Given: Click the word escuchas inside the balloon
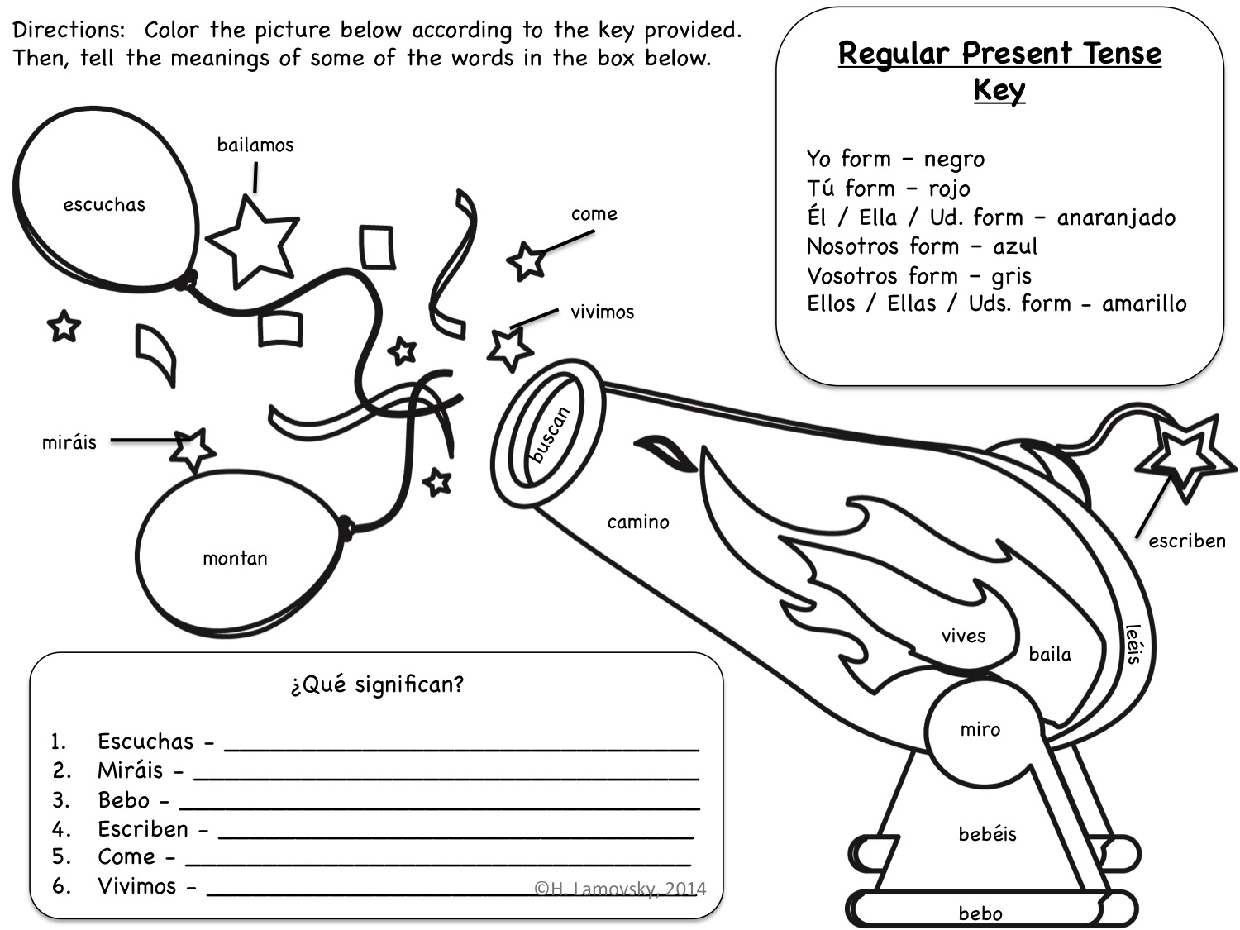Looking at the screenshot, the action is click(104, 204).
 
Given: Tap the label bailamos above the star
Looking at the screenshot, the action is click(255, 145).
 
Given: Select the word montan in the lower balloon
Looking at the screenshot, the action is click(235, 559).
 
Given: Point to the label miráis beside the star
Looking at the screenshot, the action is click(69, 441).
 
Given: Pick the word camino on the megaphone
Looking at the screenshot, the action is click(638, 522).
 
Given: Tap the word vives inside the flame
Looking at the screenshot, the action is click(963, 637).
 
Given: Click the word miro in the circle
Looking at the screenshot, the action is click(980, 730).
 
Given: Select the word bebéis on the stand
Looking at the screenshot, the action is click(988, 833).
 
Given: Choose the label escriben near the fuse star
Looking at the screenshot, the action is click(1187, 541).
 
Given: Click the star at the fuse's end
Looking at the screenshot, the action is click(1185, 457).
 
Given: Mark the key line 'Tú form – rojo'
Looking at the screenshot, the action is click(888, 188).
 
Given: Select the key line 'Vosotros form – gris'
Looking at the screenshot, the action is click(919, 276).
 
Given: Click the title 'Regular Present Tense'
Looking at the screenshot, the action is click(999, 55).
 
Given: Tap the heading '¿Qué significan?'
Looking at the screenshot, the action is click(377, 685).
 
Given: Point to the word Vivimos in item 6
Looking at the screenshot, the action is click(136, 886).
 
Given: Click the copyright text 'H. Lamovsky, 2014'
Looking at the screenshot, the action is click(620, 889).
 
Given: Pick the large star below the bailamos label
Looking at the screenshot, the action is click(253, 241).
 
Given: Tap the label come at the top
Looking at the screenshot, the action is click(594, 214).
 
